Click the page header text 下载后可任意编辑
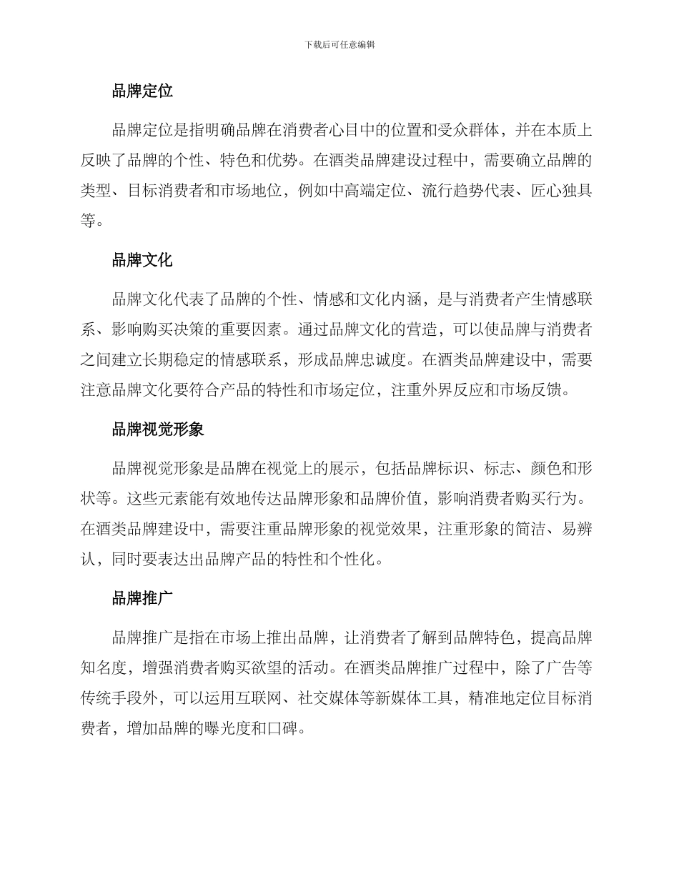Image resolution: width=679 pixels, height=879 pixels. coord(339,44)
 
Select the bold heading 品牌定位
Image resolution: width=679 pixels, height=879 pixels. coord(142,91)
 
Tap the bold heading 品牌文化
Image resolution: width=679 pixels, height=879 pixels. coord(142,260)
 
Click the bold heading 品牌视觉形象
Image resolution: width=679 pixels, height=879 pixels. coord(158,429)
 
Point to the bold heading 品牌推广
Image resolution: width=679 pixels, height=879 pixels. coord(142,598)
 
